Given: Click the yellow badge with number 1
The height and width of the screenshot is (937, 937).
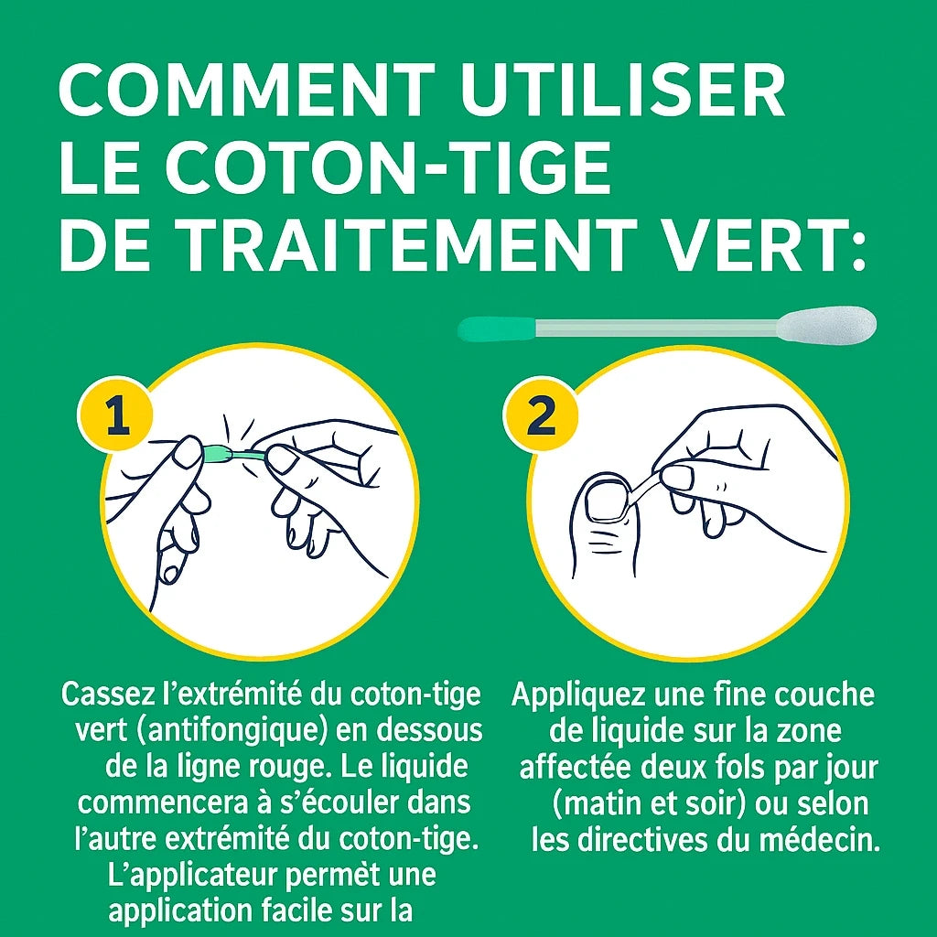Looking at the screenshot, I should tap(114, 416).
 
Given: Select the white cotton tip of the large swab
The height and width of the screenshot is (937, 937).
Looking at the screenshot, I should tap(828, 324).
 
